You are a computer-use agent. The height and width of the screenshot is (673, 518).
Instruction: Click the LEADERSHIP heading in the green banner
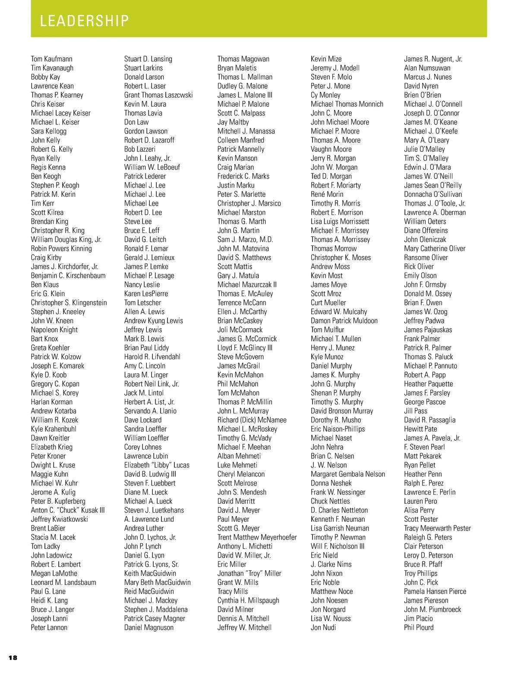[84, 21]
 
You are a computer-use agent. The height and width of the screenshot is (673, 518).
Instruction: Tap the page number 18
[13, 657]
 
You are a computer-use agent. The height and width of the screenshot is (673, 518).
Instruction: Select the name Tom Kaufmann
[51, 59]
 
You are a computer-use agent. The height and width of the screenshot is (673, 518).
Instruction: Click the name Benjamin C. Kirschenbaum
[68, 276]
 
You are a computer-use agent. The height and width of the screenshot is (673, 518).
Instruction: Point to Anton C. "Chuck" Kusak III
[67, 510]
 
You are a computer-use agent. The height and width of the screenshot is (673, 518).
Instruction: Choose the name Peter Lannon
[49, 627]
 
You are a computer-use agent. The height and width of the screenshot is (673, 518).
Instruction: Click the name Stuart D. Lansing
[148, 59]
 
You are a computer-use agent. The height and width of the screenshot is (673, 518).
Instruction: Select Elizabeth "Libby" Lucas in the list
[157, 465]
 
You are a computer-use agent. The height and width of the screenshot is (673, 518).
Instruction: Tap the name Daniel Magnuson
[148, 627]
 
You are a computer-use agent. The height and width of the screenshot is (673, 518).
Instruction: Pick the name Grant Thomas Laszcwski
[158, 95]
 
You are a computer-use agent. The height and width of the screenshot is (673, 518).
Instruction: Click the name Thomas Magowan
[243, 59]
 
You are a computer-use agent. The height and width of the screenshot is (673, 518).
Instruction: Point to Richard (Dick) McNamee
[252, 420]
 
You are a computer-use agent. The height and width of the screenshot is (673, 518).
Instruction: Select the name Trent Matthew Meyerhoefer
[257, 537]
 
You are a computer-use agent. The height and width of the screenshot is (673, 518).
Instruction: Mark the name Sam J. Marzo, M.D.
[245, 239]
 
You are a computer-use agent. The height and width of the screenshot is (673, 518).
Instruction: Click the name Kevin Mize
[326, 59]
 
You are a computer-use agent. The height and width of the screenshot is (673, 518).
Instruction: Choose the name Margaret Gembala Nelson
[347, 474]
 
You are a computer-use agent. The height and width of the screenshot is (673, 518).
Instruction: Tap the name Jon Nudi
[323, 627]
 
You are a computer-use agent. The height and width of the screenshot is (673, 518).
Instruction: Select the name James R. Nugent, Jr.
[433, 59]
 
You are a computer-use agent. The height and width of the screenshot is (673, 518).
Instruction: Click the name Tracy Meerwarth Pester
[437, 528]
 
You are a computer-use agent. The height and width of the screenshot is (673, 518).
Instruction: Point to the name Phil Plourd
[418, 627]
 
